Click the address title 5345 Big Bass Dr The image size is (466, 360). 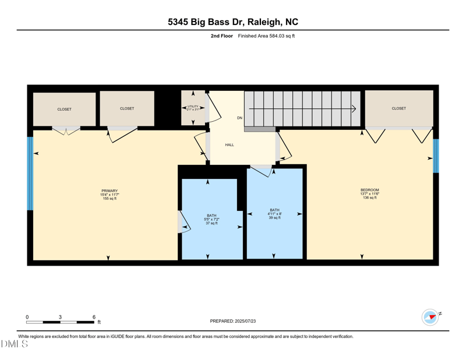232,22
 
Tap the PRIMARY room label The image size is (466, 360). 110,191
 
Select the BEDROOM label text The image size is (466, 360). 369,190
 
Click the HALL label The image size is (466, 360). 230,144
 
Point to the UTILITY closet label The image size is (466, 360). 193,107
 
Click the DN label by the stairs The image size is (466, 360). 239,118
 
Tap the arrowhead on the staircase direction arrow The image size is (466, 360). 354,108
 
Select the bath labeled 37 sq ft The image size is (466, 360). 211,219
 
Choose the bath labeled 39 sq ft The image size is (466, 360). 274,214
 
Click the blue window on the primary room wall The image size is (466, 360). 30,174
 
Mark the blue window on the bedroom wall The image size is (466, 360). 436,156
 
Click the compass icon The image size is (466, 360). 430,317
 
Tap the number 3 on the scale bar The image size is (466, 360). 60,317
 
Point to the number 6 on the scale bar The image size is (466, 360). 94,317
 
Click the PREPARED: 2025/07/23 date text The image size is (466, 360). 233,321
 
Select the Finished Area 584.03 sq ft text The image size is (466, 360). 266,36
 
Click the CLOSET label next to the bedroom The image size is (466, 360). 399,108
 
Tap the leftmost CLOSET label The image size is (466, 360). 64,109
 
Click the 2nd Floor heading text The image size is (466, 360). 222,36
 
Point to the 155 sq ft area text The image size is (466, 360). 110,199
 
